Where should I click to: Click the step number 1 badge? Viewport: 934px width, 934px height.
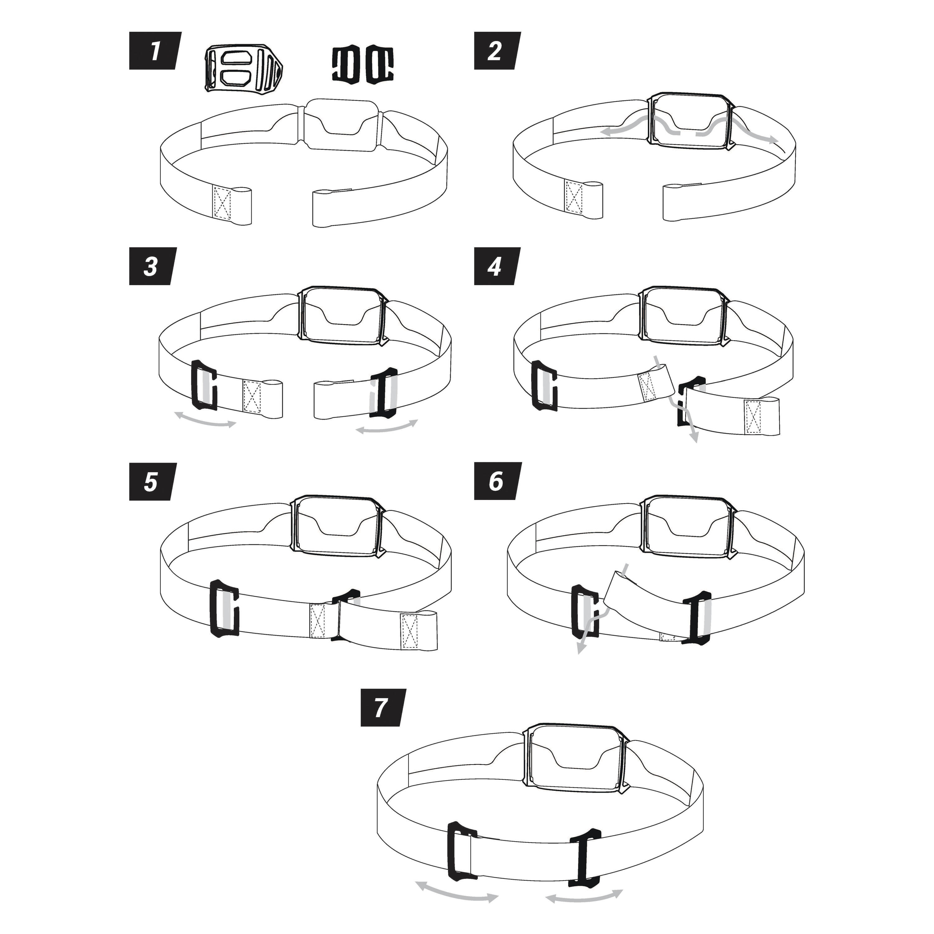pos(155,51)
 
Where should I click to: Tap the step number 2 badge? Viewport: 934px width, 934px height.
pos(498,51)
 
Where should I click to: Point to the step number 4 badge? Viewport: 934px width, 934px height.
pos(498,267)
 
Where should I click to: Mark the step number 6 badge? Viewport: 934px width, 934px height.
pos(498,482)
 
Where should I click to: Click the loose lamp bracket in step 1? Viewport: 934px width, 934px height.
pos(244,68)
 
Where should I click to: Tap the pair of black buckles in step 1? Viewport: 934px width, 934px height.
pos(363,63)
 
